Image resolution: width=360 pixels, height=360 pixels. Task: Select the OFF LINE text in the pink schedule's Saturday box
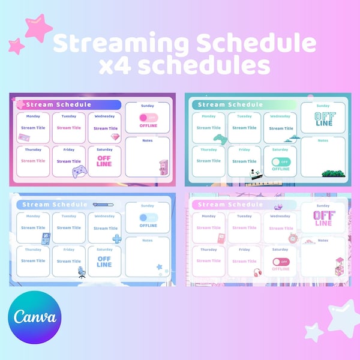tap(104, 161)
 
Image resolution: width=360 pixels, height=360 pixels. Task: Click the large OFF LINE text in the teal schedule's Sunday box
tap(323, 119)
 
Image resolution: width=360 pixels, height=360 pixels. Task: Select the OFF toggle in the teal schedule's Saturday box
tap(280, 161)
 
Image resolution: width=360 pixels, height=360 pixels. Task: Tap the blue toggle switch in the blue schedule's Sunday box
tap(148, 218)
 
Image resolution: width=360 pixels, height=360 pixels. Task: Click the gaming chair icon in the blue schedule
tap(82, 272)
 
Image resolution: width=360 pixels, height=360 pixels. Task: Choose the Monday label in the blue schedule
tap(33, 216)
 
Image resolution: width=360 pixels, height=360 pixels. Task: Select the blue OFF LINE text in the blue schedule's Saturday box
tap(104, 261)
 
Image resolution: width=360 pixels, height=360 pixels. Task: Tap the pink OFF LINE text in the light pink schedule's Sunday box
tap(323, 218)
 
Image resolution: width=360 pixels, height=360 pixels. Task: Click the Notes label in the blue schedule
tap(148, 240)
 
